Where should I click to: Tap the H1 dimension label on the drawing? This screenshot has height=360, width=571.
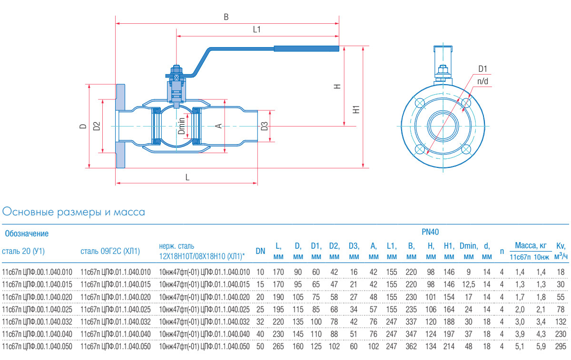tap(356, 109)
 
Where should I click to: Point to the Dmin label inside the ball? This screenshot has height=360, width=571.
tap(181, 126)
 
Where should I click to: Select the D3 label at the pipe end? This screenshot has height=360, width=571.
tap(265, 126)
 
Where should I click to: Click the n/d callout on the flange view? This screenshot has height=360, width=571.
tap(482, 81)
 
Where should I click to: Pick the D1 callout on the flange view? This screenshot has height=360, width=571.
tap(482, 69)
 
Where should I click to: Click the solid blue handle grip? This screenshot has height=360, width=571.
tap(306, 48)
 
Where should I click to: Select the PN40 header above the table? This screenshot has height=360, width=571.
tap(430, 232)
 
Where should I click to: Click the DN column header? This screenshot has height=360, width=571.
tap(260, 251)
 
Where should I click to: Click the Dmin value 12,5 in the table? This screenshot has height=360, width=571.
tap(468, 283)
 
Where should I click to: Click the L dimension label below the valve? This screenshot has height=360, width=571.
tap(187, 177)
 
